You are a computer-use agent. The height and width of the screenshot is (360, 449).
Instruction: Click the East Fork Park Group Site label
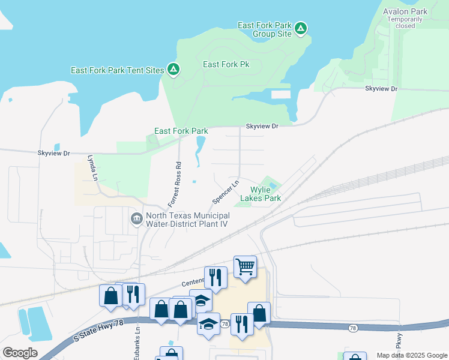[264, 29]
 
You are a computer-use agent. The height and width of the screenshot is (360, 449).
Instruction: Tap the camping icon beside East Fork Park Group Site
[301, 28]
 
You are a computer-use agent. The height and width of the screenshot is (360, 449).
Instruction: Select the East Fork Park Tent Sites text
[117, 70]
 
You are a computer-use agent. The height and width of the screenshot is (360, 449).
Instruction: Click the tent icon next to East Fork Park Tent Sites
[173, 70]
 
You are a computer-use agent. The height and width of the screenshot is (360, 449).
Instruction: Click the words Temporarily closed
[401, 23]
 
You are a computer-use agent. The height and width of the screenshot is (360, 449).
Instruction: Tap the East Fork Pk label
[226, 64]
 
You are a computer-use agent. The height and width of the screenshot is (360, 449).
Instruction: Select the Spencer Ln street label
[226, 191]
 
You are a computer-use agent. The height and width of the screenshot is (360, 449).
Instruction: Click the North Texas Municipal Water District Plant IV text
[187, 220]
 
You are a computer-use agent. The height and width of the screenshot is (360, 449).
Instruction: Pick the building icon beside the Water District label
[136, 217]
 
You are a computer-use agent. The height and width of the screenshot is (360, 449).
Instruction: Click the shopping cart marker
[245, 265]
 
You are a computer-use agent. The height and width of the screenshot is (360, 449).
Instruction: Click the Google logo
[20, 353]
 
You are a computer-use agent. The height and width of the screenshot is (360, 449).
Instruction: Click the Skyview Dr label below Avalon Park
[381, 89]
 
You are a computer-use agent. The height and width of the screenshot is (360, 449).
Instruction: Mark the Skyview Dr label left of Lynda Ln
[54, 154]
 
